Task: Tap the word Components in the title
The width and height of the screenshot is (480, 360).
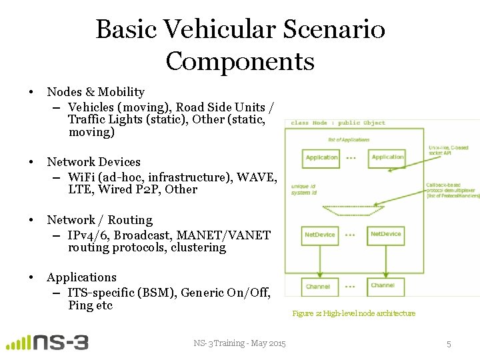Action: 240,61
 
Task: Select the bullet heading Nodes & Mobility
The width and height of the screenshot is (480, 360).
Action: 95,92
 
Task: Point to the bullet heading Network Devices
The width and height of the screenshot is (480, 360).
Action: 93,162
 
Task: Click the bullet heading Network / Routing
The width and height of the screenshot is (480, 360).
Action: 99,220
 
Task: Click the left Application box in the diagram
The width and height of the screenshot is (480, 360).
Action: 321,158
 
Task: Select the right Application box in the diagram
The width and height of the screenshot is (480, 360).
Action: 387,158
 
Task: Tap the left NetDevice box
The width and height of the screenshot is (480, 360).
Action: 320,235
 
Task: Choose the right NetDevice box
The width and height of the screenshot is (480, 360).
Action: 385,235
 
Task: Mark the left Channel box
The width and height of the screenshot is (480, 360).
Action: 318,287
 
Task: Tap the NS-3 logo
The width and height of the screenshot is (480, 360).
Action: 47,343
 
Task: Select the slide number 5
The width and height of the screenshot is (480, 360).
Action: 449,344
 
